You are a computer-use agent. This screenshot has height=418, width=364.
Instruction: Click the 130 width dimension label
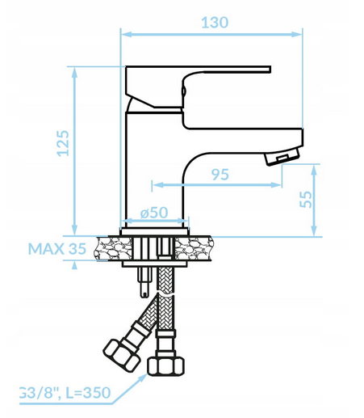[215, 23]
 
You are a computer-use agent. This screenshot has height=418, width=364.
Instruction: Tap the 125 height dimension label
[63, 143]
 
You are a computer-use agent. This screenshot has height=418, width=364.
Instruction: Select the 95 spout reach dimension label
[220, 175]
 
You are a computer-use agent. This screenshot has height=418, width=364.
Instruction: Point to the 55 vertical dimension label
[306, 199]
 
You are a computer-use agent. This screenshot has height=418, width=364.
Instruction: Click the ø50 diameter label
[154, 213]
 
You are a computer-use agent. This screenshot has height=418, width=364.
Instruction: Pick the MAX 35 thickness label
[57, 249]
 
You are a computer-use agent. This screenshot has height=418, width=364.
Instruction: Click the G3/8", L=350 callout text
[65, 393]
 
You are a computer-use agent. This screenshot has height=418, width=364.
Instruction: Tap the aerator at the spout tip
[282, 156]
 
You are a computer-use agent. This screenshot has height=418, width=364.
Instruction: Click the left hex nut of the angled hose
[121, 356]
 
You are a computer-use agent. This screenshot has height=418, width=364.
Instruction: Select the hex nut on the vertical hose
[166, 365]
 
